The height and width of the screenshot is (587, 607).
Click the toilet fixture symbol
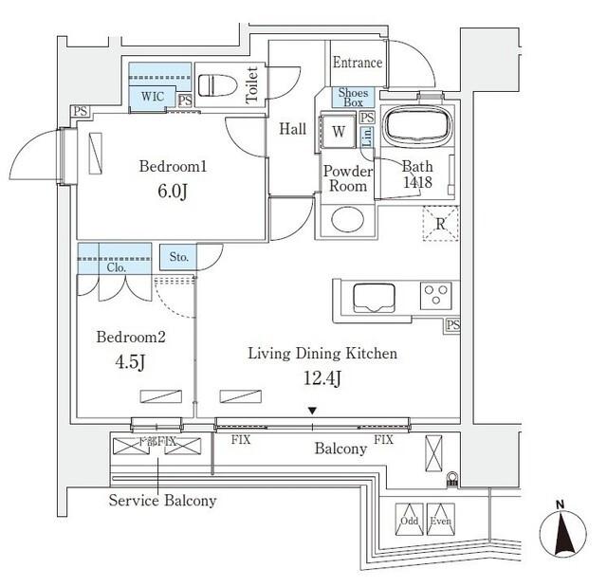coord(218,84)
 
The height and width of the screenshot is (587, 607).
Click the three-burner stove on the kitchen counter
coord(436,295)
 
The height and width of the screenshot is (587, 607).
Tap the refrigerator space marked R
coord(440,226)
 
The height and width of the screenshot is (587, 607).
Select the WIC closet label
coord(152,96)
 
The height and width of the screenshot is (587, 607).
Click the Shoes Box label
coord(353,97)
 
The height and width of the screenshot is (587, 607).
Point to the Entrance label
coord(358,64)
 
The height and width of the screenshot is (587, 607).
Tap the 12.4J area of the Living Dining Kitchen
coord(322,379)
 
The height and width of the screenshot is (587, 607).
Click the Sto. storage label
coord(178,257)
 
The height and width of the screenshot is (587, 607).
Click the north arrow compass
coord(560,534)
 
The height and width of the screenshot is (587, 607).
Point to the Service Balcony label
coord(162,501)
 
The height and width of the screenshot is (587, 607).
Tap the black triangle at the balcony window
coord(311,411)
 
